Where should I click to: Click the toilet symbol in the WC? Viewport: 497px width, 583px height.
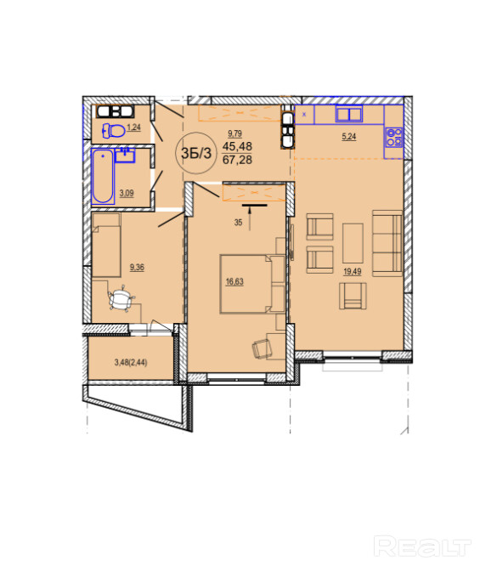[113, 131]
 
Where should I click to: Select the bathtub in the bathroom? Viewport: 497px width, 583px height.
[103, 176]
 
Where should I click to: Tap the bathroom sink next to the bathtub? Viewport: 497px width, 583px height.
[125, 155]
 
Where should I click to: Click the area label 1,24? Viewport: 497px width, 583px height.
[134, 127]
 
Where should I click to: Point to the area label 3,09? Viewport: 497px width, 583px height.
[127, 193]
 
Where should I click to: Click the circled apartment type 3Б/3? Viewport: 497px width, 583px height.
[195, 153]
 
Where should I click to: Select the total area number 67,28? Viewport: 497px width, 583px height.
[237, 160]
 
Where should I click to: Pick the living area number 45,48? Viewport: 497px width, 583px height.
[237, 146]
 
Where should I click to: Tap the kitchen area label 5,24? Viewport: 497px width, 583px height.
[348, 137]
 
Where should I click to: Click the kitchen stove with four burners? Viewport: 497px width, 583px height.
[393, 137]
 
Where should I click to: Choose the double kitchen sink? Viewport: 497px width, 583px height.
[348, 113]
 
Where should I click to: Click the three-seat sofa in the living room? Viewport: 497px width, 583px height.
[387, 243]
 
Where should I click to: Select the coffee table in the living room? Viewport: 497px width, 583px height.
[353, 243]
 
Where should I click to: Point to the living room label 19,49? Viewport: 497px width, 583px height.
[352, 271]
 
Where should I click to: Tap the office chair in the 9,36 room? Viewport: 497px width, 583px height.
[121, 299]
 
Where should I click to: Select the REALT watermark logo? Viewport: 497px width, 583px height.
[422, 546]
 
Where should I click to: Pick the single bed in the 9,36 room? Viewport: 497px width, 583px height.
[106, 245]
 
